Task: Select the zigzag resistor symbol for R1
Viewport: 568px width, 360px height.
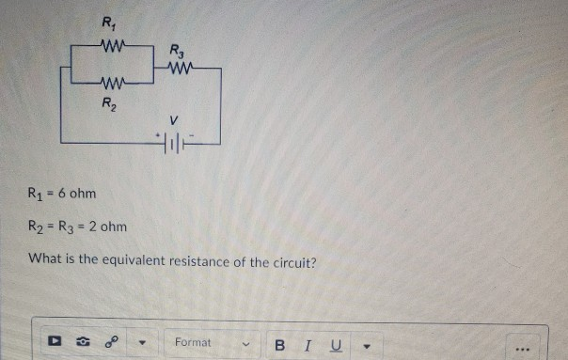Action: click(x=114, y=43)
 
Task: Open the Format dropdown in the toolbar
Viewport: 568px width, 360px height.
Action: click(x=212, y=343)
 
